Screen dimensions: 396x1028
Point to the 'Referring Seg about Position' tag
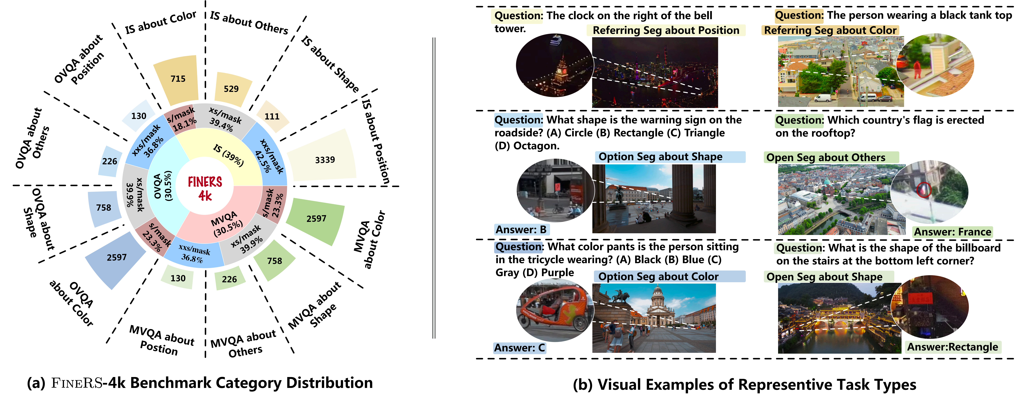(x=666, y=30)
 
